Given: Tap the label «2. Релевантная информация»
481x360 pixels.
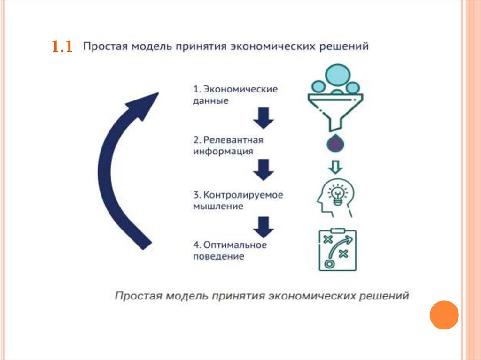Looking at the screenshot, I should point(228,146).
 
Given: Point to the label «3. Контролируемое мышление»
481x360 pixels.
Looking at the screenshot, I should point(238,200).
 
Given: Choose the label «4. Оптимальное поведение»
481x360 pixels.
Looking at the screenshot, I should point(230,251).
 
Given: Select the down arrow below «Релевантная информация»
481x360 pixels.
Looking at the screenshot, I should point(264,170).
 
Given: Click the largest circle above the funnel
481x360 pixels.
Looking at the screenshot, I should point(337,74).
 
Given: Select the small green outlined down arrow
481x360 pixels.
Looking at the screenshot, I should point(334,167).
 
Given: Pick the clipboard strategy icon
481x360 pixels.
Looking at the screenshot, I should point(337,250).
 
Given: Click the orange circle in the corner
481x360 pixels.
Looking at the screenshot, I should point(443,315).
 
